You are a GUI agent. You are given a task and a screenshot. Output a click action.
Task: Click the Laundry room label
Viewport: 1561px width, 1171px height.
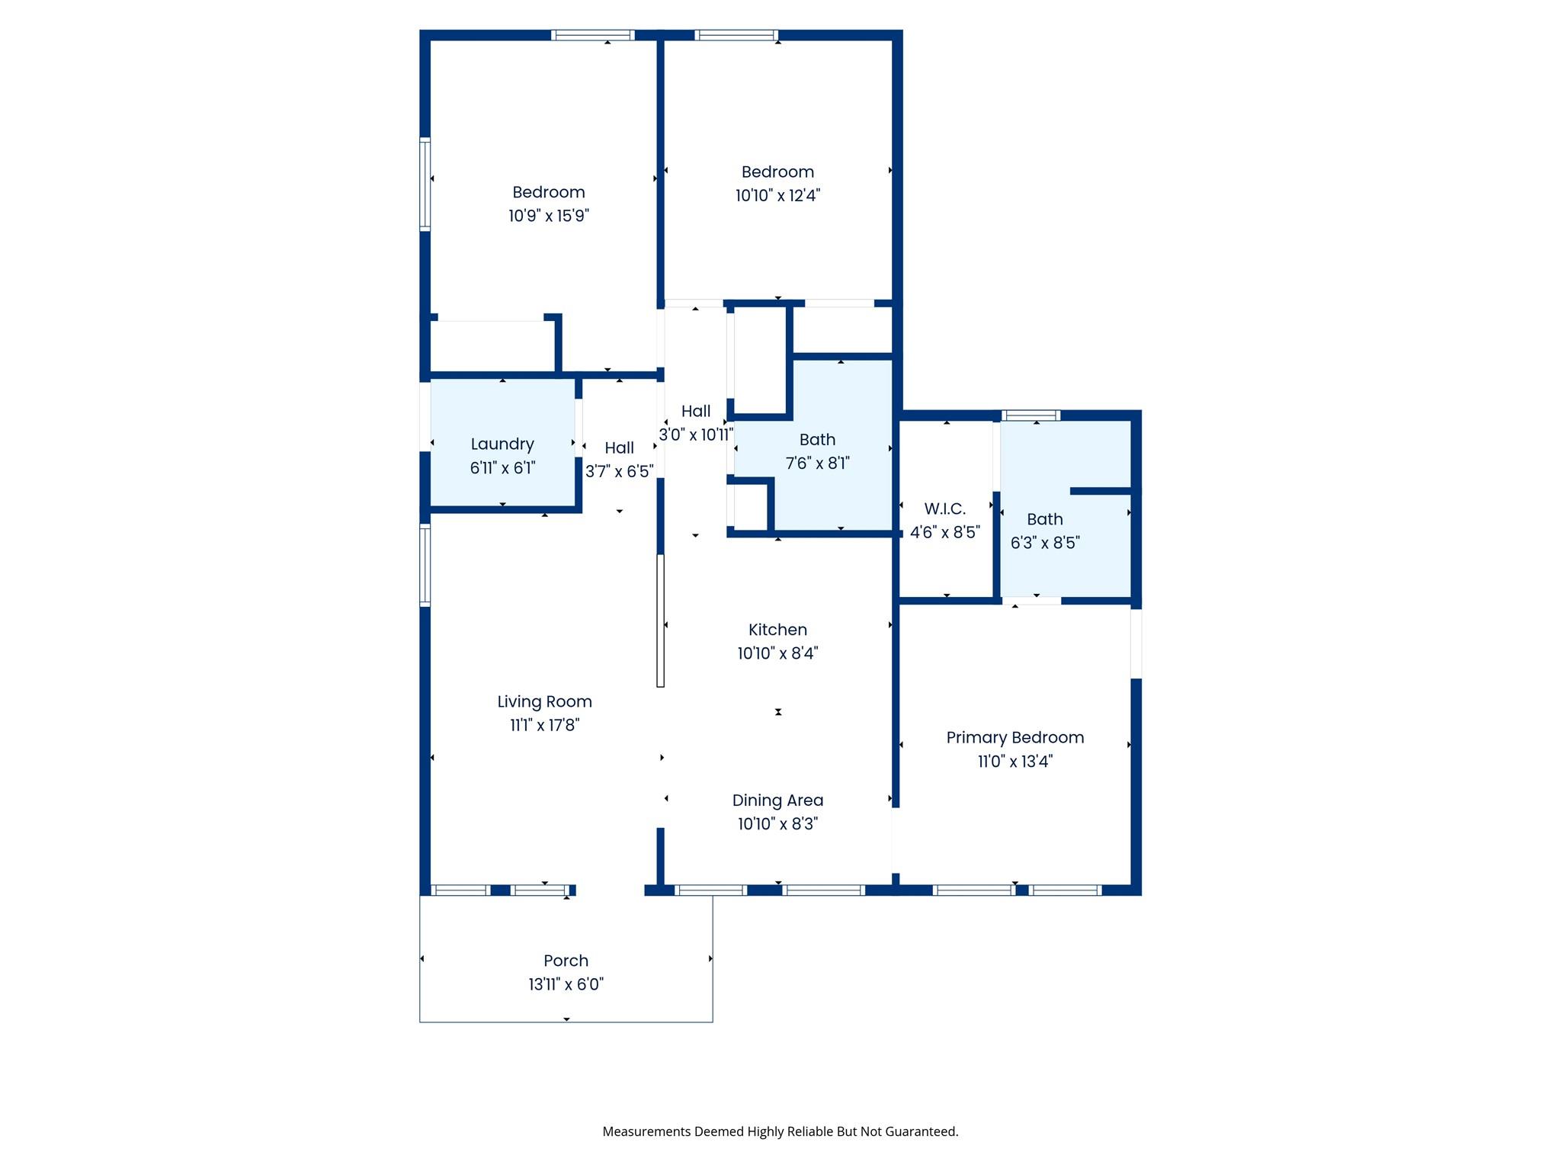coord(502,444)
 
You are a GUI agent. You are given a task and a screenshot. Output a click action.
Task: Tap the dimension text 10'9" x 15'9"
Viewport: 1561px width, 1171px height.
coord(548,216)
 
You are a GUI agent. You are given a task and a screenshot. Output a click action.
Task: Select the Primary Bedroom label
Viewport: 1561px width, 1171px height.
coord(1014,737)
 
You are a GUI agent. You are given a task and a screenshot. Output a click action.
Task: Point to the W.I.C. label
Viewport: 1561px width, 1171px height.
coord(944,509)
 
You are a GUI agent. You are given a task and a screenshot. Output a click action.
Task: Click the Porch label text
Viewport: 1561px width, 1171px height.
coord(566,961)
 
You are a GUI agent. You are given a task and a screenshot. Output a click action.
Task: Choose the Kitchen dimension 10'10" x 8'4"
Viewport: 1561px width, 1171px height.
coord(777,653)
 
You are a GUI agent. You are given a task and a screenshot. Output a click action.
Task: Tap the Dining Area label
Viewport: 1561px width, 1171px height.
coord(777,800)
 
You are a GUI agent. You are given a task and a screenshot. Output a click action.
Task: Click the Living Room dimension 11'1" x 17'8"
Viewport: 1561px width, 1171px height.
coord(544,725)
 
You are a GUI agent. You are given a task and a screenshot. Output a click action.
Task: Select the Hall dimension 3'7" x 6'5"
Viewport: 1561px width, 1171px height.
coord(619,471)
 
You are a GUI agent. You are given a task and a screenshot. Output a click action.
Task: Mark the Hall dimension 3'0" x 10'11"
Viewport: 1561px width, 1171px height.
coord(695,435)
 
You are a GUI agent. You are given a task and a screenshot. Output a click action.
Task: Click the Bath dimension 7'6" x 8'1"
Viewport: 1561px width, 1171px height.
coord(817,463)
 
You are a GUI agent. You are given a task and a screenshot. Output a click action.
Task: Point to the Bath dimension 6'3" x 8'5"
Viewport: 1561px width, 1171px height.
coord(1044,543)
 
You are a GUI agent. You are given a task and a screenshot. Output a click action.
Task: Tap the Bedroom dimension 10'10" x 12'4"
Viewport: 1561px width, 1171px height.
coord(777,195)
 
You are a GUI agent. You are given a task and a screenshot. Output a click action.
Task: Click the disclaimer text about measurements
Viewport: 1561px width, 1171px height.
coord(780,1131)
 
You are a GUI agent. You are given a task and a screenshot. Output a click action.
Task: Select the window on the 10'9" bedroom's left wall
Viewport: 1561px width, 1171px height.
coord(425,184)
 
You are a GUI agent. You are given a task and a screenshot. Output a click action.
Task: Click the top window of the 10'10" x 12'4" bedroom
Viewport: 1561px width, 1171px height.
coord(736,35)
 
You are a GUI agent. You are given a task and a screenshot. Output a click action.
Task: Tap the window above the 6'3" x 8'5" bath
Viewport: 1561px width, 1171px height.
coord(1031,415)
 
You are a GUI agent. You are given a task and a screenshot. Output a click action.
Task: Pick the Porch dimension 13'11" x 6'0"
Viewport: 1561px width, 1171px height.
coord(566,984)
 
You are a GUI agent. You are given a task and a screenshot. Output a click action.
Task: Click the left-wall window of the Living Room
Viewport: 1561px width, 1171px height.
coord(425,565)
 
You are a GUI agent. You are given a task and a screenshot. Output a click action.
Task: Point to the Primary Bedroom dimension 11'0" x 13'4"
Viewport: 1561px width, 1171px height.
coord(1014,761)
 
